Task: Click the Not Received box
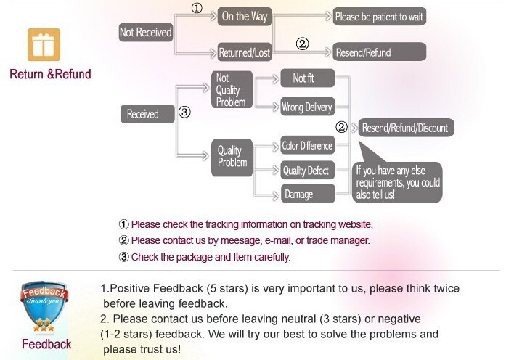145,32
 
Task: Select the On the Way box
244,16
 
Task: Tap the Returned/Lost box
244,52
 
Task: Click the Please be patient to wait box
379,16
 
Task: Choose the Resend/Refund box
379,52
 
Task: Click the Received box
143,114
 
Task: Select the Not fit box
307,78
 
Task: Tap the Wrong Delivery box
307,107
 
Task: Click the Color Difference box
307,145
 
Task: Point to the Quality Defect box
307,171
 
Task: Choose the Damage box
307,194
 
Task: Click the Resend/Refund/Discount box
405,128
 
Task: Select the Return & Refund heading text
50,74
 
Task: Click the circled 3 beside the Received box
184,112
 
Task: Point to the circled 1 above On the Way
196,9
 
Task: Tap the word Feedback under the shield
46,344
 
